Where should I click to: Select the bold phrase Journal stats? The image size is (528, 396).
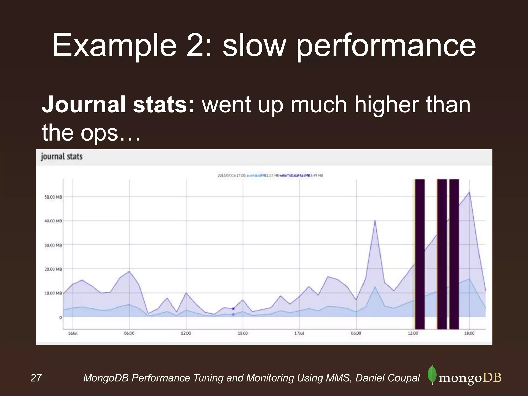[x=118, y=104]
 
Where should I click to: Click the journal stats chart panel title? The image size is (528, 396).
[x=62, y=156]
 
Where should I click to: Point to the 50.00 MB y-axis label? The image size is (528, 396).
[x=53, y=197]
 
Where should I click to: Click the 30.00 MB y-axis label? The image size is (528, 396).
[x=53, y=245]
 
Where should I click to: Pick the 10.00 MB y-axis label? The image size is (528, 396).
[x=53, y=293]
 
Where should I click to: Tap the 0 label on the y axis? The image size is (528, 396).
[x=60, y=317]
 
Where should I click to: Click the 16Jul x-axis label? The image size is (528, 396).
[x=73, y=333]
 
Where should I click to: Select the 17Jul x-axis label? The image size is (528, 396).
[x=299, y=333]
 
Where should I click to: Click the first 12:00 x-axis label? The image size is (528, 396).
[x=186, y=333]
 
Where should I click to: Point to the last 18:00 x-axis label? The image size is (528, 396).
[x=469, y=333]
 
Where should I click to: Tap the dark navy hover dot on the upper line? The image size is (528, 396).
[x=233, y=309]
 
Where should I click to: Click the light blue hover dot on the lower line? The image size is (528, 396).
[x=233, y=315]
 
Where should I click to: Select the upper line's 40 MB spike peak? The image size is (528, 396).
[x=375, y=220]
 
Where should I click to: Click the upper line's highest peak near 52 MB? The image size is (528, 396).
[x=469, y=192]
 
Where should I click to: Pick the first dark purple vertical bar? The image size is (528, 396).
[x=420, y=254]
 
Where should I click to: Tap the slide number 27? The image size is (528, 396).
[x=36, y=378]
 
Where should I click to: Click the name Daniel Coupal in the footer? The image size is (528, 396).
[x=388, y=378]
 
